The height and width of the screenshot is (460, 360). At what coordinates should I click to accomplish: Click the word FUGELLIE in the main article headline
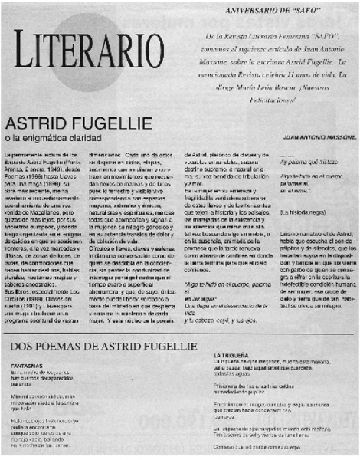[x=96, y=123]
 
